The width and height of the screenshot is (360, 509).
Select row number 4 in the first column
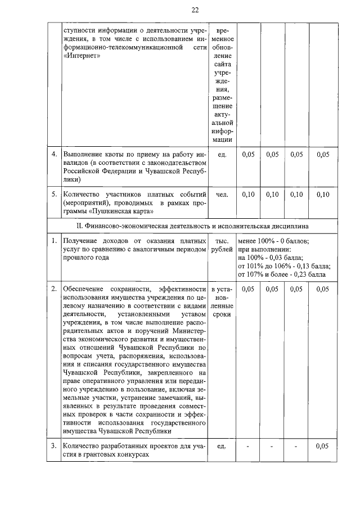(54, 154)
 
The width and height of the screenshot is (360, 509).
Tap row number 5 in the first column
(54, 195)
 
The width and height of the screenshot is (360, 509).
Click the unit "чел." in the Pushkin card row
(222, 195)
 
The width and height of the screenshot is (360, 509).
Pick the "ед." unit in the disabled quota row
(222, 154)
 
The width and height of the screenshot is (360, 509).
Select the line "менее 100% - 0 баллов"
(273, 240)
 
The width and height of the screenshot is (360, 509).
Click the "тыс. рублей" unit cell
(222, 245)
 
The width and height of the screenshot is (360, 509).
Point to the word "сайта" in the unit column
(222, 65)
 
